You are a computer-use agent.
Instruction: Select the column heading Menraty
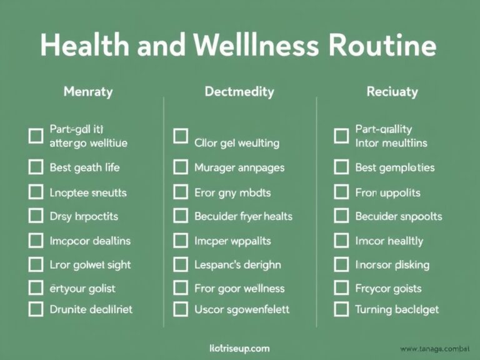(x=88, y=92)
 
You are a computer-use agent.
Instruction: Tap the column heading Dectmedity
(x=239, y=92)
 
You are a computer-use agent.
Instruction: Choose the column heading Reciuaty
(x=392, y=92)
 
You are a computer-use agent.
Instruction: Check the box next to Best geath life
(x=36, y=167)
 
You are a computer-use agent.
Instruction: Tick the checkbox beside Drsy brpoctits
(x=36, y=216)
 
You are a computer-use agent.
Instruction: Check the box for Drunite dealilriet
(x=36, y=309)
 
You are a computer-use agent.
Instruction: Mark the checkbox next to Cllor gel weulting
(x=181, y=136)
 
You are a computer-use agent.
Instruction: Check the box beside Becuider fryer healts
(x=181, y=216)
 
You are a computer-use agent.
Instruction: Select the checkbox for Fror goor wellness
(x=181, y=288)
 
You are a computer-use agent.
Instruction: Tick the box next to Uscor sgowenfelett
(x=181, y=309)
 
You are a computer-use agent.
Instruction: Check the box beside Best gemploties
(x=341, y=167)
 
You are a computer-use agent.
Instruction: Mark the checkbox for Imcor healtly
(x=341, y=240)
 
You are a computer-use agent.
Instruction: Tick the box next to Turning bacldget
(x=341, y=309)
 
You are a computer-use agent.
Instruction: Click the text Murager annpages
(x=239, y=167)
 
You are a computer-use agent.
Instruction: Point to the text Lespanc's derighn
(x=237, y=264)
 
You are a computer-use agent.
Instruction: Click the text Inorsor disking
(x=392, y=264)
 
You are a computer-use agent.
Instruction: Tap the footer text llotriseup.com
(x=240, y=347)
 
